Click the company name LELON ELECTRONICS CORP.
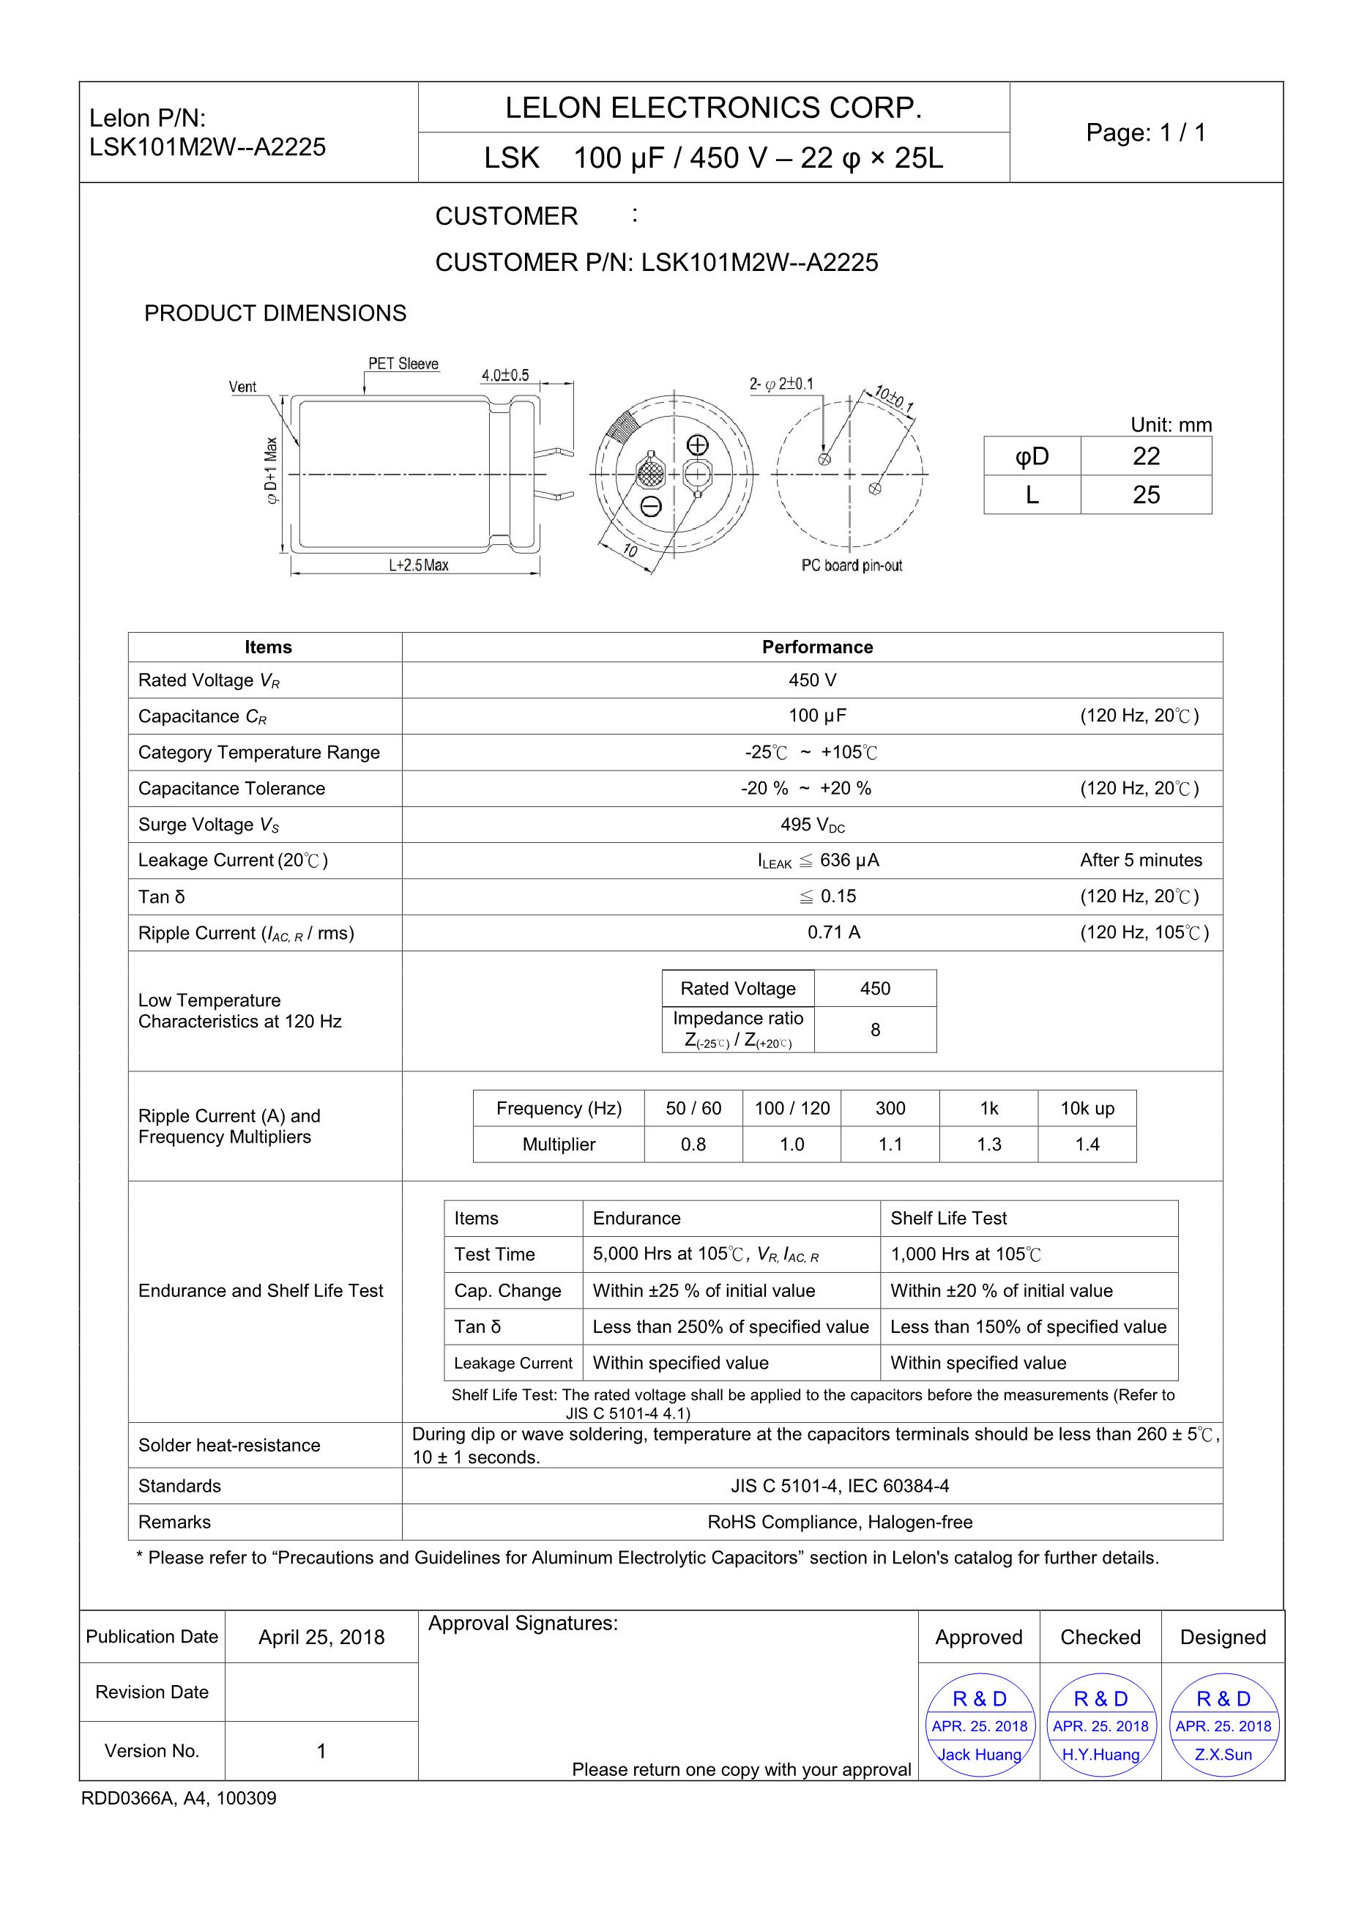[x=713, y=108]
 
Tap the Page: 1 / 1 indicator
[x=1146, y=132]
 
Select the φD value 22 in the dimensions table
[x=1146, y=456]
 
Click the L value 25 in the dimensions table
[x=1146, y=494]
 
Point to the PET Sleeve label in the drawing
[x=403, y=364]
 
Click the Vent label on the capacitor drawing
[x=242, y=387]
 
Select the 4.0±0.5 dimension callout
[x=505, y=376]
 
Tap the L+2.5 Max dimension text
[x=418, y=565]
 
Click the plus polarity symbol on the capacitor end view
[x=697, y=445]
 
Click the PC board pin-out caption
[x=852, y=565]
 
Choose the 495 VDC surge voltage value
[x=813, y=825]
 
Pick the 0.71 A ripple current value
[x=833, y=932]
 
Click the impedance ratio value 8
[x=875, y=1029]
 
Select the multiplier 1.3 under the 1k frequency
[x=988, y=1145]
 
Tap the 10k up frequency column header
[x=1087, y=1109]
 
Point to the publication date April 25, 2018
[x=321, y=1637]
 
